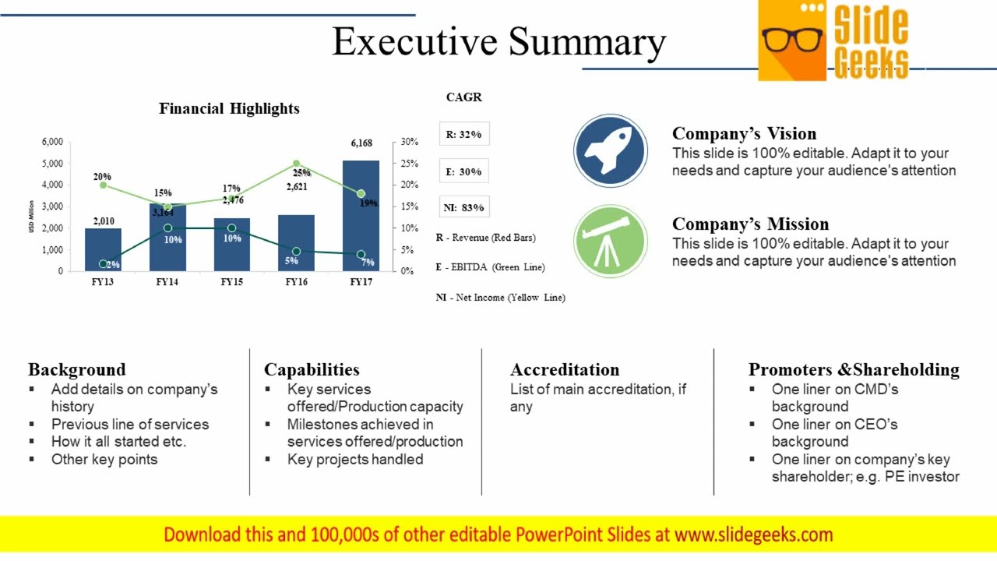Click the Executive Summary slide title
coord(498,42)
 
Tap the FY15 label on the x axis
coord(231,282)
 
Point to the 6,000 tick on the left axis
coord(51,143)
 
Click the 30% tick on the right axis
coord(410,143)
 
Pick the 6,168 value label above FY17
coord(361,143)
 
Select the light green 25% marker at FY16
coord(297,164)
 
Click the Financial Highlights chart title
coord(229,108)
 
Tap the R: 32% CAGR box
coord(464,134)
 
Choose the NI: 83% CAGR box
coord(464,207)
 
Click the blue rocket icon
coord(610,151)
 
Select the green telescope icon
coord(610,241)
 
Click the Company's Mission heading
coord(750,224)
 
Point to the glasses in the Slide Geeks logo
coord(792,39)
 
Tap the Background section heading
coord(76,369)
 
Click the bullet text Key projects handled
coord(355,460)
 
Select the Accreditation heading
coord(565,369)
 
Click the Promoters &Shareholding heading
coord(854,369)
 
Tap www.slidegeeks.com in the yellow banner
coord(753,535)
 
